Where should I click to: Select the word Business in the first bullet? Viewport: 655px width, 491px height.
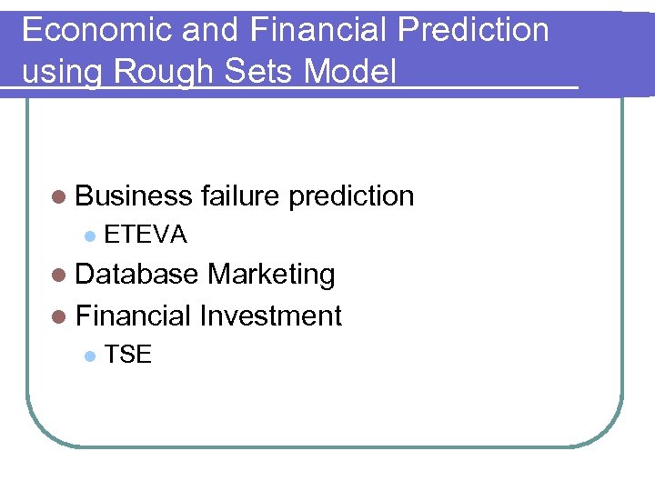click(135, 195)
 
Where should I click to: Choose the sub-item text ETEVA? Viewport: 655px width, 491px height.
click(146, 235)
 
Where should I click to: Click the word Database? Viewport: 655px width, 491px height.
click(137, 274)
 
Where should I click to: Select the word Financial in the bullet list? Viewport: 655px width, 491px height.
click(134, 316)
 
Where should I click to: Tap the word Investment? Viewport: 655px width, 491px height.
click(270, 316)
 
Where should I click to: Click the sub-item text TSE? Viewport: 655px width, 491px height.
click(128, 356)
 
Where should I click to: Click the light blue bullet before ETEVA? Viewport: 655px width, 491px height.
click(89, 236)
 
